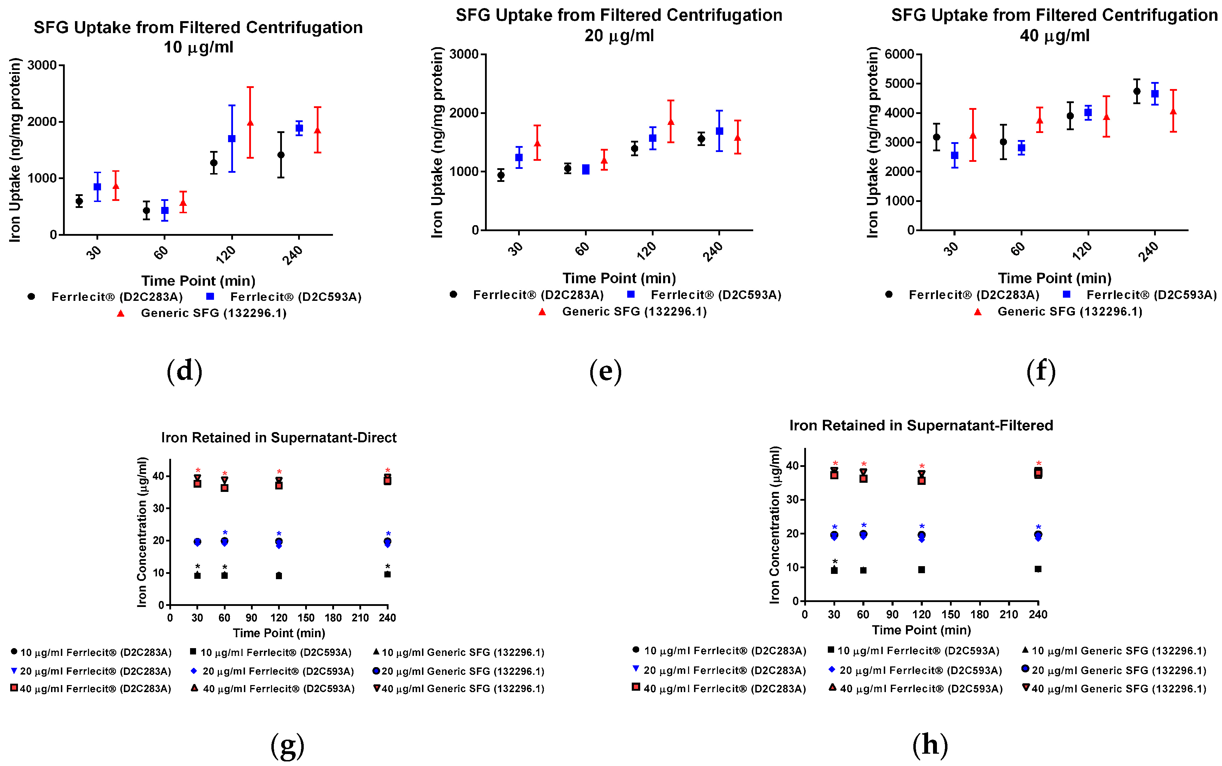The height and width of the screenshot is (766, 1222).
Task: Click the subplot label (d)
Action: (x=184, y=371)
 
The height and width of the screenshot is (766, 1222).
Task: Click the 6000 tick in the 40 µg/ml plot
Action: (x=899, y=54)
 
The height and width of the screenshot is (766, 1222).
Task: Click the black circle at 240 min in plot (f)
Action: (x=1136, y=91)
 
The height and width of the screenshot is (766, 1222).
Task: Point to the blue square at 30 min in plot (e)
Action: (x=519, y=158)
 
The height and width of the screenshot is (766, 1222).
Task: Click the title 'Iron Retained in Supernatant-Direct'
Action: (x=279, y=437)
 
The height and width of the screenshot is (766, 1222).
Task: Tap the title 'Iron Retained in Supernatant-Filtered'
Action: (x=921, y=425)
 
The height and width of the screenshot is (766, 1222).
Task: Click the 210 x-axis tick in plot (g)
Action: (x=360, y=618)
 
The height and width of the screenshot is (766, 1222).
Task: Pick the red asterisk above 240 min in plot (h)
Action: (x=1038, y=463)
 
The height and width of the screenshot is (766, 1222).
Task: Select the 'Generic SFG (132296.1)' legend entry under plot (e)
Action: (x=634, y=311)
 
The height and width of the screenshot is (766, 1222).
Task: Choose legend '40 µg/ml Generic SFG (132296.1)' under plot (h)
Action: (x=1119, y=689)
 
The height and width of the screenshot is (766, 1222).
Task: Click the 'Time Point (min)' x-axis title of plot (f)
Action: (x=1054, y=278)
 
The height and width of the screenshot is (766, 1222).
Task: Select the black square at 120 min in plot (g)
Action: (x=279, y=576)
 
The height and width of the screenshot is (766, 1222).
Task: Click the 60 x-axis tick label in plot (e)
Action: (x=582, y=248)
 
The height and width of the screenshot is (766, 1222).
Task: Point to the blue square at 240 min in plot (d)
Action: (x=300, y=128)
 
